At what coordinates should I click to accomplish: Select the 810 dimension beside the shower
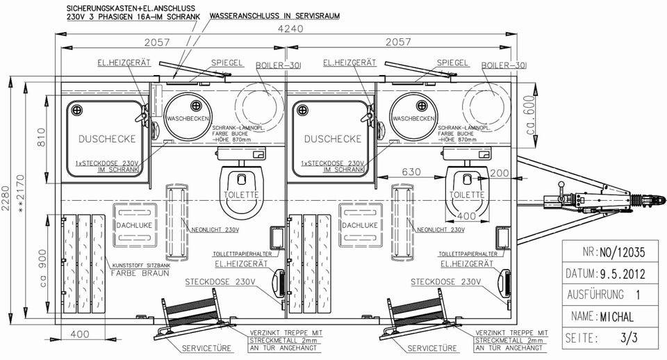[x=40, y=143]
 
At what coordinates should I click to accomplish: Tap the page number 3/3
[x=629, y=338]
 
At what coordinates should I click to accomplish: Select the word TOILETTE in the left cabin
[x=243, y=195]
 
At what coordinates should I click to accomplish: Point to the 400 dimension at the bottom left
[x=80, y=334]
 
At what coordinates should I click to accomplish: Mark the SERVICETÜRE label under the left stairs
[x=202, y=347]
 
